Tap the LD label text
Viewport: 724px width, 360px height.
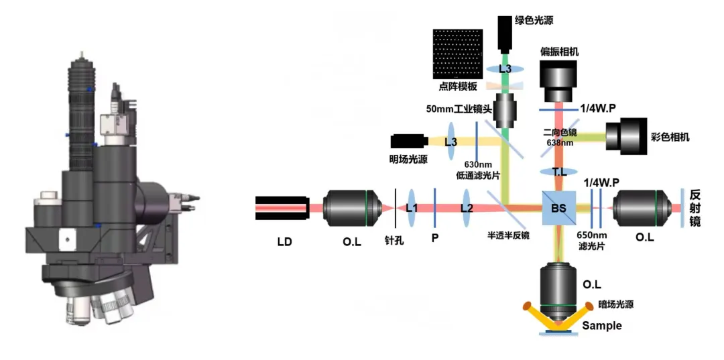(284, 240)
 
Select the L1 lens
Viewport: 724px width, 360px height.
(412, 208)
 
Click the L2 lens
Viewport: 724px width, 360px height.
(466, 208)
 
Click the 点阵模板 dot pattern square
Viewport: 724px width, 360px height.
(458, 54)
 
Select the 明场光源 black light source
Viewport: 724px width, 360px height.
(409, 141)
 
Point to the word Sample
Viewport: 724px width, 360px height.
(601, 326)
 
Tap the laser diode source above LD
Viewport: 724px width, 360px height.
(282, 208)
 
